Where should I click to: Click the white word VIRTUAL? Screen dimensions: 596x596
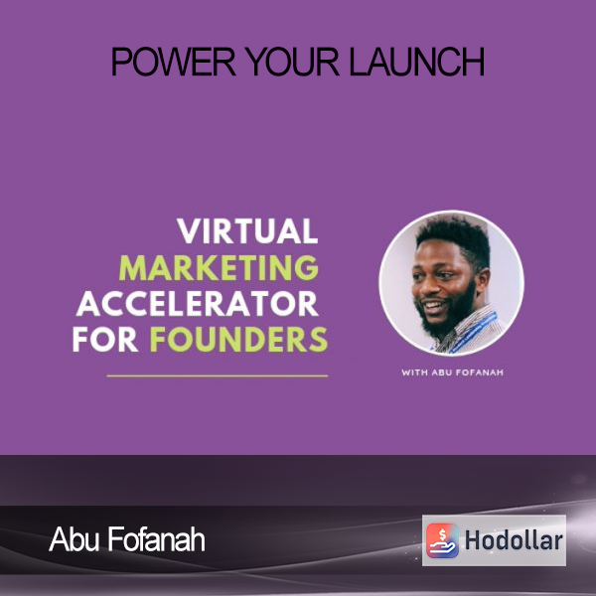247,231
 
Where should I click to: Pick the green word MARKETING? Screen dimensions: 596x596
219,267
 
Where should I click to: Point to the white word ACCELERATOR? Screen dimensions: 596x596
198,304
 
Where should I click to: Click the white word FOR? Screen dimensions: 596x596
105,340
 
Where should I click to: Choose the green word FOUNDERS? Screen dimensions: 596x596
238,340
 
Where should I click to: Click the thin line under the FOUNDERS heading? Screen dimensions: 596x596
217,375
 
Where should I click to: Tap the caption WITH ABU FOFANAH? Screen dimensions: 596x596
452,372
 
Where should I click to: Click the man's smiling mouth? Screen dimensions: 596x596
432,305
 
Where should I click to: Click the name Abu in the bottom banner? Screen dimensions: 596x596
74,539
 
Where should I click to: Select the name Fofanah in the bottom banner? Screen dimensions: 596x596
156,539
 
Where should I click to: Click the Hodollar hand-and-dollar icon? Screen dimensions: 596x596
442,540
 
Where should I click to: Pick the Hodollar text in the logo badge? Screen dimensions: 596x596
514,540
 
